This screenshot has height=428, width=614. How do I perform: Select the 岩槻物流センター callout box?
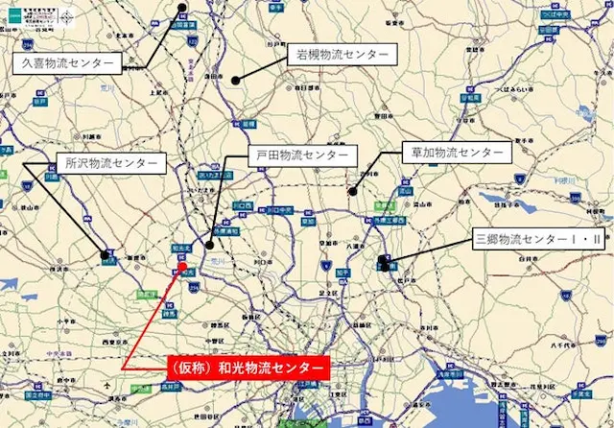[x=339, y=57]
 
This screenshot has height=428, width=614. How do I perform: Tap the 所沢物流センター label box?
[x=107, y=164]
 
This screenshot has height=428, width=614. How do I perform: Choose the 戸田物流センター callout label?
[x=301, y=155]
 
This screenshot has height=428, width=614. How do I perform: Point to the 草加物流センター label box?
[x=457, y=153]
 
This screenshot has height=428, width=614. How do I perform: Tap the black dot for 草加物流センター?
[x=353, y=192]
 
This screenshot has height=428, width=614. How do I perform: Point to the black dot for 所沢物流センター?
[x=104, y=254]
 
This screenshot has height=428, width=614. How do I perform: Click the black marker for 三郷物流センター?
[x=384, y=262]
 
